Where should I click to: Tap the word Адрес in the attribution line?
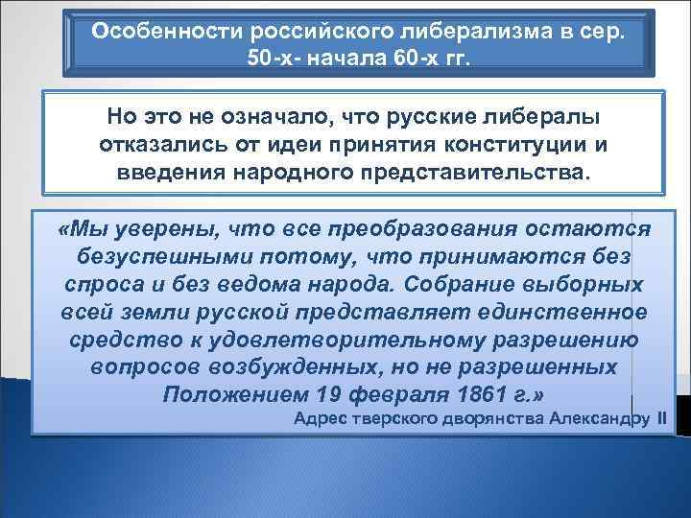pyautogui.click(x=322, y=419)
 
